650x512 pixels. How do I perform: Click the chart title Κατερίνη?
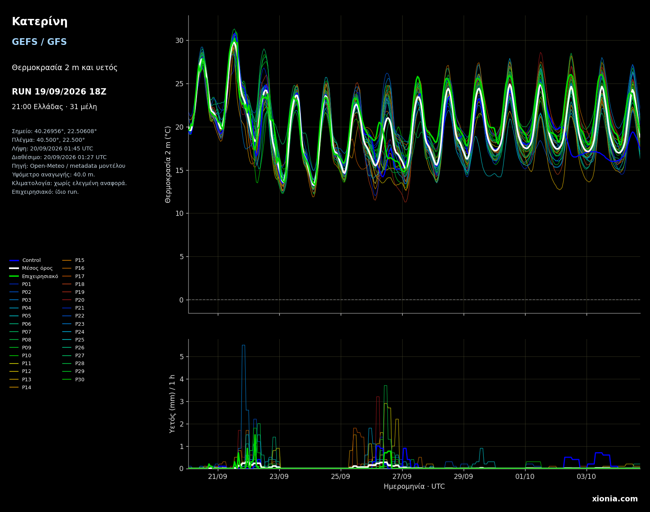point(39,22)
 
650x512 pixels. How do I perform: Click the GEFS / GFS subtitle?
point(39,42)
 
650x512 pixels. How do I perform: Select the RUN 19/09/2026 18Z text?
point(59,92)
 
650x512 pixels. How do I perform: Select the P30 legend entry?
point(74,380)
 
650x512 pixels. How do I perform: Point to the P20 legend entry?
point(74,300)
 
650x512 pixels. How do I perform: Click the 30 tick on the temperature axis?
point(179,41)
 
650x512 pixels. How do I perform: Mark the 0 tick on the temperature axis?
point(181,300)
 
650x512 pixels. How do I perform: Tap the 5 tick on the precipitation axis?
point(181,357)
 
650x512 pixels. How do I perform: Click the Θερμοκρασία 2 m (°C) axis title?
point(168,164)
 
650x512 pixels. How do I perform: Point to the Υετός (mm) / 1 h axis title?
point(172,404)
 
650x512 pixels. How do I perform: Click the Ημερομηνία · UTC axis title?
point(414,487)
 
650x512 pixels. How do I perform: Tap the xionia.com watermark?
point(615,499)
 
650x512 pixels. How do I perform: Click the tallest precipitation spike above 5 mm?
point(243,345)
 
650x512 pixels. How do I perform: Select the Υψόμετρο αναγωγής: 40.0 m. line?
point(53,175)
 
